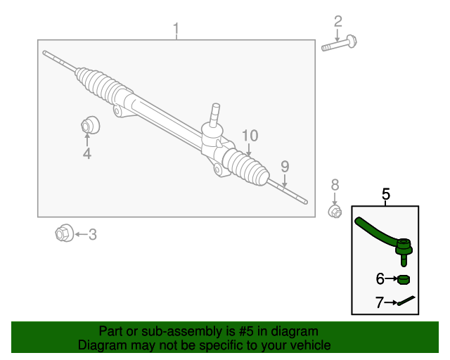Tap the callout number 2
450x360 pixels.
338,21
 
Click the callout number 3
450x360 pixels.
92,234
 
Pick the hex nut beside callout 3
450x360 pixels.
64,233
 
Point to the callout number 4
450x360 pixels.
87,153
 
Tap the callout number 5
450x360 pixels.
385,194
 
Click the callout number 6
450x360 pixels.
380,279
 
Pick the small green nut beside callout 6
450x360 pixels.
403,280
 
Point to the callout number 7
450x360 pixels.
380,303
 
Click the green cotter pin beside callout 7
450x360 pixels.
406,302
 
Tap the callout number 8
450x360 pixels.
335,185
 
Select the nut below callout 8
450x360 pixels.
335,210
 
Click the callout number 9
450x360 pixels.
285,167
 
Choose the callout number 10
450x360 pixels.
250,136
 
